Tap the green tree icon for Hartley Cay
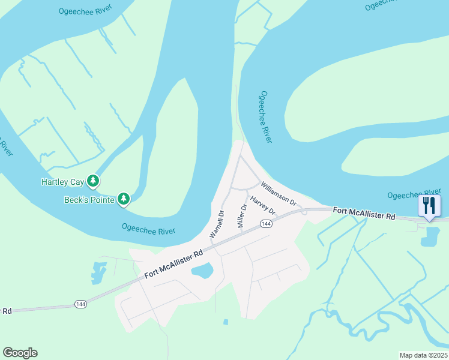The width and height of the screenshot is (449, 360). [92, 180]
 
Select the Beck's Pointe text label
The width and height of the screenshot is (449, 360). [89, 200]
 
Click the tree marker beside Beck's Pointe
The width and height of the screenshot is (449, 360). [124, 198]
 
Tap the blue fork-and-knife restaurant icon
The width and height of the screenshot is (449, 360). [429, 206]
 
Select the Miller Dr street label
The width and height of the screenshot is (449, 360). [243, 215]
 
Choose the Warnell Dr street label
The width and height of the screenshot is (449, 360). [216, 224]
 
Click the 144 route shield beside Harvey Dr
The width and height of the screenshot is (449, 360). [267, 224]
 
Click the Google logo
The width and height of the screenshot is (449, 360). [20, 353]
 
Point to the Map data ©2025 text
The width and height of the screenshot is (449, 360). [423, 355]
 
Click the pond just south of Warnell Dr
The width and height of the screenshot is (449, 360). [203, 271]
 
